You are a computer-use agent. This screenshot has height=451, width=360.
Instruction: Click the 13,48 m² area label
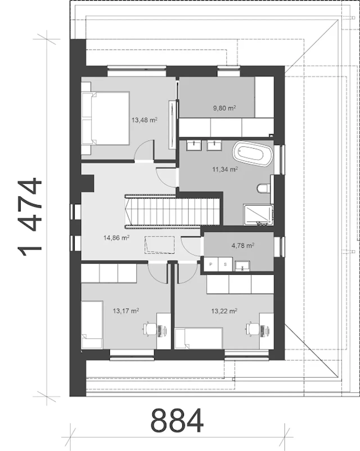point(145,120)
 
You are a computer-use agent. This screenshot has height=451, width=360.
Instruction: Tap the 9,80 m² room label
point(224,108)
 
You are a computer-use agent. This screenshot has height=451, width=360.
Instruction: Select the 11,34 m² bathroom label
point(225,169)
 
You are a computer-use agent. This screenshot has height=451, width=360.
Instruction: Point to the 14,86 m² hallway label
point(116,238)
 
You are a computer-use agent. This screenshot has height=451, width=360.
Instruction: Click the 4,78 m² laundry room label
point(243,245)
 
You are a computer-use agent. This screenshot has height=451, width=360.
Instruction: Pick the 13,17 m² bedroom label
point(126,311)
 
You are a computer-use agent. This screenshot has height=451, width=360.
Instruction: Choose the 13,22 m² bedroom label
point(224,311)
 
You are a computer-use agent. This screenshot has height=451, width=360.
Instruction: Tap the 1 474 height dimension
point(29,217)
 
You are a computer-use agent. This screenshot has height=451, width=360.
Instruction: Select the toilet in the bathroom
point(264,188)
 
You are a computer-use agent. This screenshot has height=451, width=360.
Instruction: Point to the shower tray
point(259,215)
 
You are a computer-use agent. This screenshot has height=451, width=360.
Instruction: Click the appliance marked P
point(211,264)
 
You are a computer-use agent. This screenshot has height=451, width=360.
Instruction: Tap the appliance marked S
point(225,264)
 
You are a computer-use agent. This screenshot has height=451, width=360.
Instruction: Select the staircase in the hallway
point(172,211)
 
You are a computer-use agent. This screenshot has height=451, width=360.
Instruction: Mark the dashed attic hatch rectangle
point(159,245)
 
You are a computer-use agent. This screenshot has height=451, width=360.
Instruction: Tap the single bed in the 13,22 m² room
point(199,338)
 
